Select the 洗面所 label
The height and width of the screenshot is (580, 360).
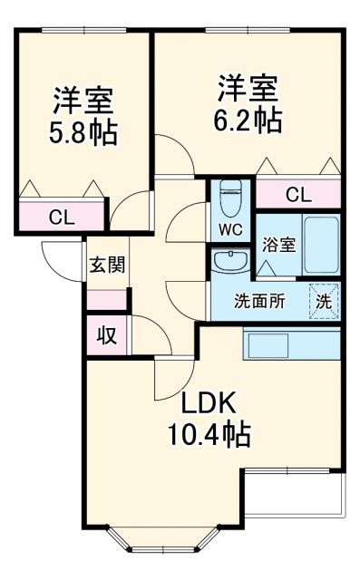tap(259, 302)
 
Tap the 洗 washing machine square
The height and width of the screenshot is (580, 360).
tap(324, 301)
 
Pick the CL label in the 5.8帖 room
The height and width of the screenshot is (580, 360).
tap(62, 217)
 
